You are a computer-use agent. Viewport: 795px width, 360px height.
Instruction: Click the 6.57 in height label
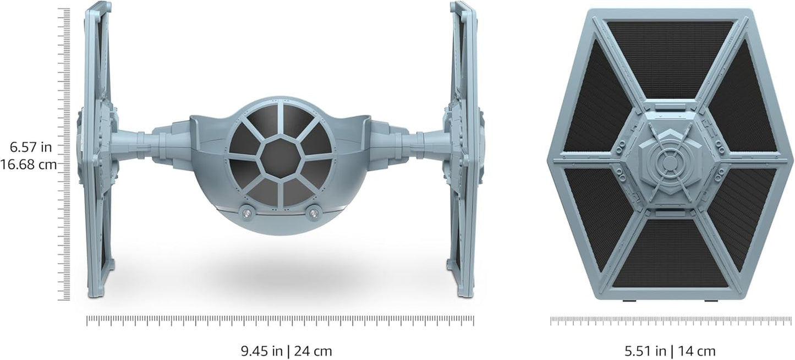pyautogui.click(x=31, y=146)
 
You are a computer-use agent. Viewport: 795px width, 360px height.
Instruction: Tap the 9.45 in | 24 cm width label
pyautogui.click(x=286, y=351)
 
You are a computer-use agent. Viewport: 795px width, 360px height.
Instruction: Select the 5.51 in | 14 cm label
pyautogui.click(x=670, y=351)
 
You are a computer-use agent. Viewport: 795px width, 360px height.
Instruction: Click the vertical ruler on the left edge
pyautogui.click(x=65, y=154)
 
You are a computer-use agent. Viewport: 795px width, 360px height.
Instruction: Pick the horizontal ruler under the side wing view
pyautogui.click(x=670, y=320)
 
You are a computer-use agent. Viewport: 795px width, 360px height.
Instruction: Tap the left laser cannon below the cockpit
pyautogui.click(x=246, y=211)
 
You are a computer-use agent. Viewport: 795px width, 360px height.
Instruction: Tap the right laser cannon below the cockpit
pyautogui.click(x=314, y=211)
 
